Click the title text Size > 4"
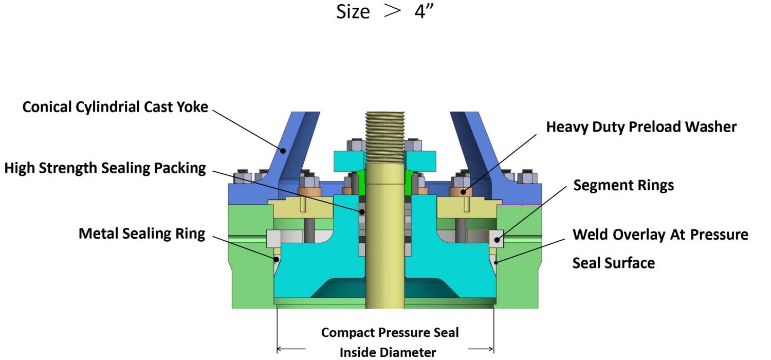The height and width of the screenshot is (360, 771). click(385, 12)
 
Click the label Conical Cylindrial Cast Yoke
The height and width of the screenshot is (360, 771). click(115, 107)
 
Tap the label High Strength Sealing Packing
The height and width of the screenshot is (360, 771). click(105, 168)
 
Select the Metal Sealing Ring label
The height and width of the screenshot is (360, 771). click(142, 234)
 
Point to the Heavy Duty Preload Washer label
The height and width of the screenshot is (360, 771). click(641, 127)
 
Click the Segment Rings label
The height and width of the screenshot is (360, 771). click(623, 185)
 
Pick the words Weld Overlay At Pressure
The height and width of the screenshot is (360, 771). click(660, 235)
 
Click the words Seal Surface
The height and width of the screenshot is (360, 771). click(614, 263)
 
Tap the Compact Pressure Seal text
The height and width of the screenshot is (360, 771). click(390, 333)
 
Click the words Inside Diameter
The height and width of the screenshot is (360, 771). click(388, 352)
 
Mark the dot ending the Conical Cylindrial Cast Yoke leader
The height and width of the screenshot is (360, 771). click(282, 151)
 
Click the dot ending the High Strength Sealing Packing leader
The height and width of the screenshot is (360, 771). click(362, 211)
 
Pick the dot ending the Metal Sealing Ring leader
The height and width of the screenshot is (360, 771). click(277, 259)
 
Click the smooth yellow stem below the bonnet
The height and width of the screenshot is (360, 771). click(385, 288)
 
